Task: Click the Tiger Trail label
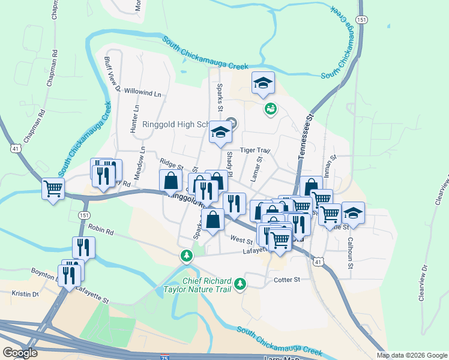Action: tap(256, 151)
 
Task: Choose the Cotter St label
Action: tap(287, 280)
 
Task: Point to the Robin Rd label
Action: tap(100, 228)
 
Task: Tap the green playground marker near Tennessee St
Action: tap(270, 109)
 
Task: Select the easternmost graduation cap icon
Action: tap(353, 213)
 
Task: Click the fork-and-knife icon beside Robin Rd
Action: tap(83, 247)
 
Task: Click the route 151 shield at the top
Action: tap(361, 20)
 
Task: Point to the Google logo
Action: tap(20, 353)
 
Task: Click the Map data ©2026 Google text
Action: tap(412, 355)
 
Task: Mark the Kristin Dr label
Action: tap(25, 294)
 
